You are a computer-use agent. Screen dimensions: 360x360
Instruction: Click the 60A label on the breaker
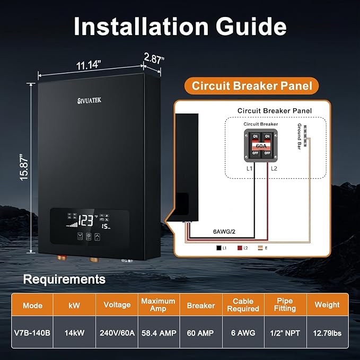(261, 144)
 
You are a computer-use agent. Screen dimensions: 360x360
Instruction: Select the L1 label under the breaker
(249, 168)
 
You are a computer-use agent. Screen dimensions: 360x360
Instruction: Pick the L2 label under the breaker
(274, 168)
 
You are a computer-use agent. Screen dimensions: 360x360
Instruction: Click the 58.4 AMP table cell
(158, 333)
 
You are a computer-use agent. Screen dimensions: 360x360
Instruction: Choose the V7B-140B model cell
(33, 333)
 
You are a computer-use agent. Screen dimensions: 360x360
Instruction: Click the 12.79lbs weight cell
(327, 333)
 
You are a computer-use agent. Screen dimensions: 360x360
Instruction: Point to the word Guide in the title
(249, 27)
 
